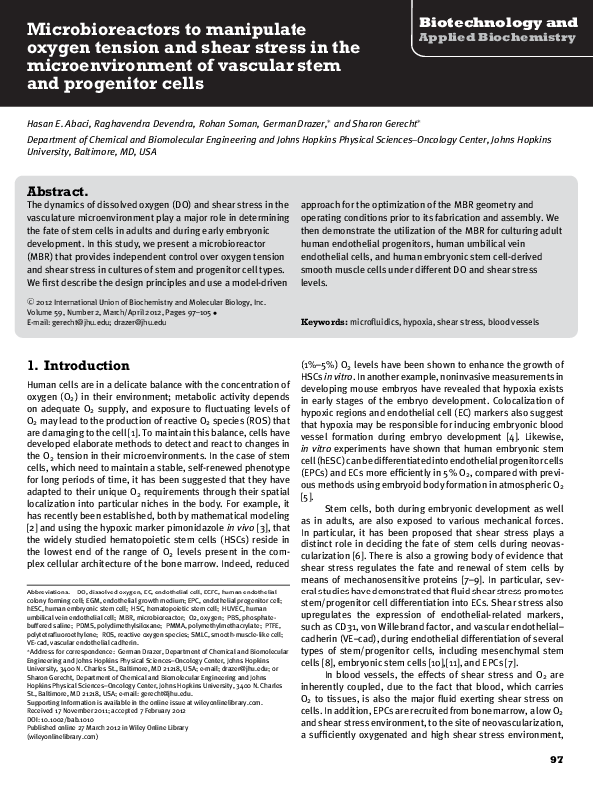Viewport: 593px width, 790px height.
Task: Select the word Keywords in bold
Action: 324,323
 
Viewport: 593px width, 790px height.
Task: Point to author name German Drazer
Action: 292,122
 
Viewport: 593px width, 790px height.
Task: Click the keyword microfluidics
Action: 375,323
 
